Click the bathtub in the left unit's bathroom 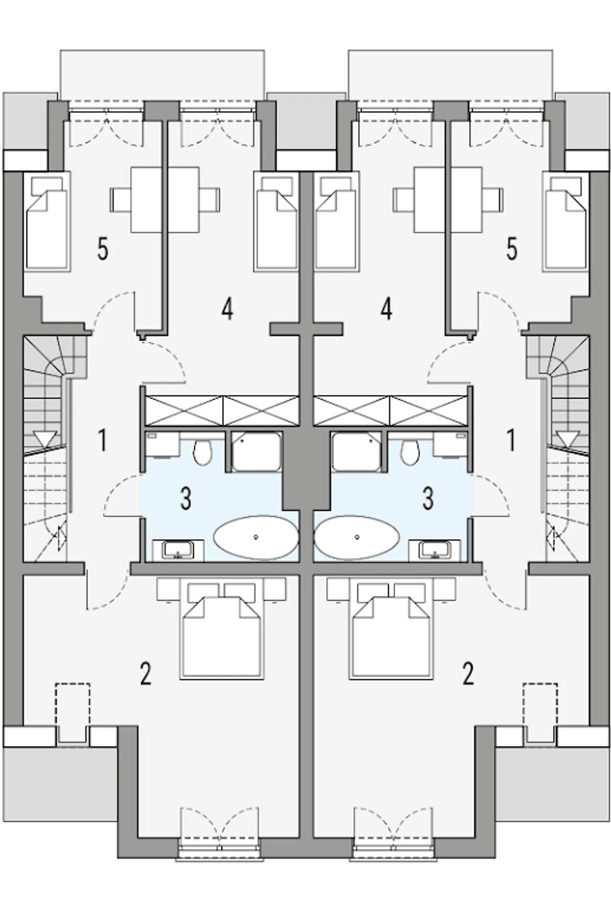256,537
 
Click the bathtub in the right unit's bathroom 357,537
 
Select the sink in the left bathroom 178,550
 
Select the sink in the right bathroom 435,550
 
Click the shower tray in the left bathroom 257,451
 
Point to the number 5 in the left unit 103,249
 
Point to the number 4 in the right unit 386,309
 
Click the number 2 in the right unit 468,673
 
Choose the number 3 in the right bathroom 428,498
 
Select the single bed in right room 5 567,223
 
